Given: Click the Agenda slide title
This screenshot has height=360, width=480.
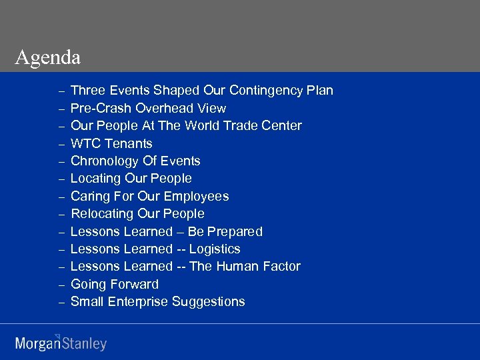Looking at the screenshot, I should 47,58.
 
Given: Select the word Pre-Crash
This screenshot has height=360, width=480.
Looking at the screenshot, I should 101,108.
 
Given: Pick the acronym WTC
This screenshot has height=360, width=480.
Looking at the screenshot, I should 86,143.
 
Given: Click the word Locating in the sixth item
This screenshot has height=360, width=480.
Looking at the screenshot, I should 95,179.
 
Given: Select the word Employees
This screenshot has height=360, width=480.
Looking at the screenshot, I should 196,196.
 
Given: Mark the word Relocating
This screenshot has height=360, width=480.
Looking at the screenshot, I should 102,214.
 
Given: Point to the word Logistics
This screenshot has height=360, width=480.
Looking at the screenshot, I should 215,249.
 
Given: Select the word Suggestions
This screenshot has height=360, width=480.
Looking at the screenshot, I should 209,302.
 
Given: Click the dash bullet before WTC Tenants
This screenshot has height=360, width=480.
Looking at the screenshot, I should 61,144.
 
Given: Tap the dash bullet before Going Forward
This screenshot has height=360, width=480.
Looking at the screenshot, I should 61,285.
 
